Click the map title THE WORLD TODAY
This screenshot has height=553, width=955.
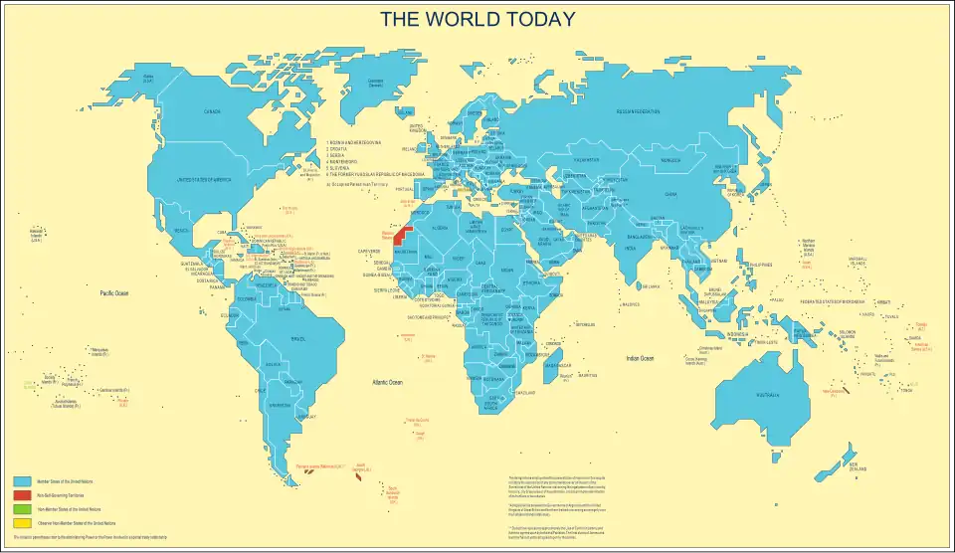[x=477, y=19]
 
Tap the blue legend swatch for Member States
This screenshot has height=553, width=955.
[x=22, y=481]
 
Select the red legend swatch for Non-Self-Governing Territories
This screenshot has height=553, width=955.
[x=22, y=494]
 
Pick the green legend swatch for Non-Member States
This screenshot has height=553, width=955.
[x=22, y=508]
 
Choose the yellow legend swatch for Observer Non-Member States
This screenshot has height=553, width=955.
[x=22, y=522]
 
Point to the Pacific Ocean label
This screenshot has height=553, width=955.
[x=115, y=293]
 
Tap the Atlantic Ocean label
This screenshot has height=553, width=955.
[x=387, y=382]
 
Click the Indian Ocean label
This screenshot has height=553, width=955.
[x=640, y=358]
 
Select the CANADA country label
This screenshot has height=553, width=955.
[x=212, y=111]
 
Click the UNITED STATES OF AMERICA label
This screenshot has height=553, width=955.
[x=203, y=179]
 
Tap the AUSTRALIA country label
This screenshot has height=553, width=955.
[x=767, y=396]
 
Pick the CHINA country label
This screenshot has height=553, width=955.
[x=670, y=195]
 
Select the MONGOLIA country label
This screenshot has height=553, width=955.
[x=671, y=159]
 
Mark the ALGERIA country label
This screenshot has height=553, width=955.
[x=440, y=228]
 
